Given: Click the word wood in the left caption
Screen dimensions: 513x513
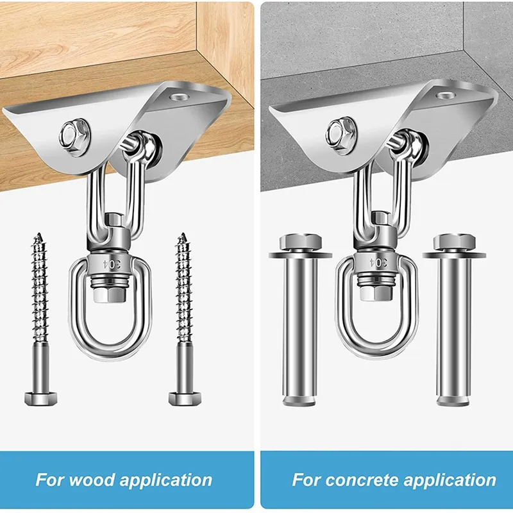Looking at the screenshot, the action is click(92, 480).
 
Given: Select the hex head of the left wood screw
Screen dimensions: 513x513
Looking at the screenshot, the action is click(41, 398).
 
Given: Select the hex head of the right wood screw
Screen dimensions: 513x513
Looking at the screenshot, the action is click(185, 398).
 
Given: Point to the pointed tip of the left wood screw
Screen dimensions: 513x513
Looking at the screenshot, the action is click(40, 233).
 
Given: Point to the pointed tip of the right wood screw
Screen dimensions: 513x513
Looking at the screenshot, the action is click(183, 233).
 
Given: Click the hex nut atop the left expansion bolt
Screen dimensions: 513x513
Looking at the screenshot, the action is click(301, 242).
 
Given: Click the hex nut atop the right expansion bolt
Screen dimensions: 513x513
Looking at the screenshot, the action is click(454, 242).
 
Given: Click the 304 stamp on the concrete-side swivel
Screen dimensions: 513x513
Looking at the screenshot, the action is click(378, 262).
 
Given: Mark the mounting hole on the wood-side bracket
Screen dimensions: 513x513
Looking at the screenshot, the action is click(178, 97).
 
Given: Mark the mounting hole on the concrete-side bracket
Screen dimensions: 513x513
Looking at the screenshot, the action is click(446, 95).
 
